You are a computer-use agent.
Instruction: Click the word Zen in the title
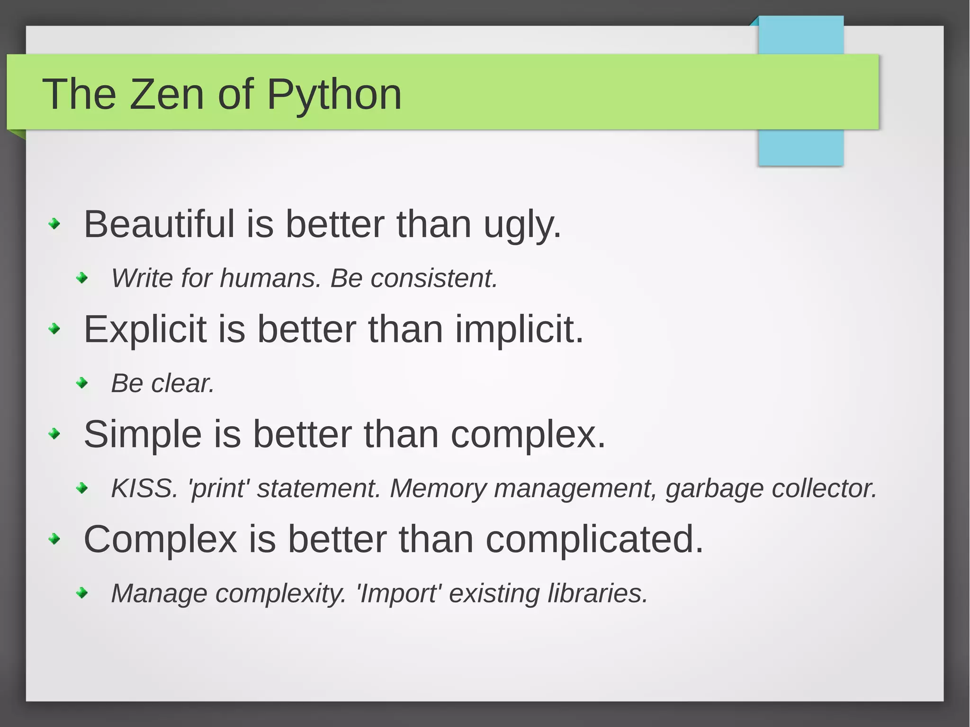click(167, 94)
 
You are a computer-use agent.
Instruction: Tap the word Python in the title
click(334, 94)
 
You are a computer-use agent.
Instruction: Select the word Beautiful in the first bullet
click(159, 224)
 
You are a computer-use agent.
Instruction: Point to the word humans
click(270, 278)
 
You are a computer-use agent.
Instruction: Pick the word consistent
click(434, 278)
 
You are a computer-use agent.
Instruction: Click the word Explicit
click(145, 329)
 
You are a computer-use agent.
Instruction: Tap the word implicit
click(520, 329)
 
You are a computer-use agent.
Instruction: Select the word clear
click(183, 383)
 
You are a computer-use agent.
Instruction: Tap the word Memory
click(438, 489)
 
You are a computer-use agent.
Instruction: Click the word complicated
click(594, 540)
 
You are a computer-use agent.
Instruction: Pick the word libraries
click(597, 593)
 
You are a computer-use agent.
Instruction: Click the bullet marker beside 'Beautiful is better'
click(55, 224)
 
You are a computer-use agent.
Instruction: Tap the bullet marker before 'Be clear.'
click(82, 383)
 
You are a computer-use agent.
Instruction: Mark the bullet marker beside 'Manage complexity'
click(82, 593)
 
